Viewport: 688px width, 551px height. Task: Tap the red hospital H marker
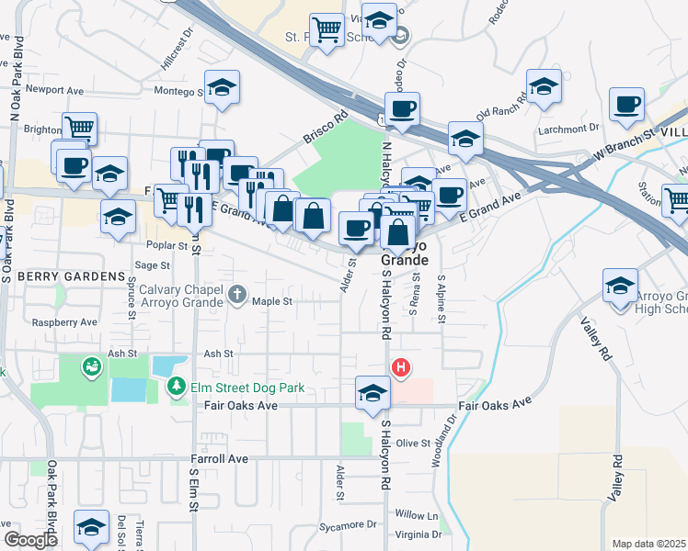pos(401,369)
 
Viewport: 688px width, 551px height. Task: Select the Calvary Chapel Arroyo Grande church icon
pos(237,295)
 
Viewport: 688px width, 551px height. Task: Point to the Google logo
pos(30,540)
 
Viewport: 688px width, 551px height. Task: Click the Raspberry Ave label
pos(64,323)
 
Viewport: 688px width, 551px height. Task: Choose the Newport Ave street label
pos(55,90)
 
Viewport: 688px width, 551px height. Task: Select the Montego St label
pos(176,91)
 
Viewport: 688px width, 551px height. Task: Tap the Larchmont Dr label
pos(577,129)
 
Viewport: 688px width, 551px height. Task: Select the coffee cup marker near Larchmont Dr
pos(628,106)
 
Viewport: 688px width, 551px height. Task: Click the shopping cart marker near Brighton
pos(80,128)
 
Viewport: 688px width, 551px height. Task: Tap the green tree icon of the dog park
pos(176,388)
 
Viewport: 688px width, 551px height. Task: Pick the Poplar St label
pos(166,245)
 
